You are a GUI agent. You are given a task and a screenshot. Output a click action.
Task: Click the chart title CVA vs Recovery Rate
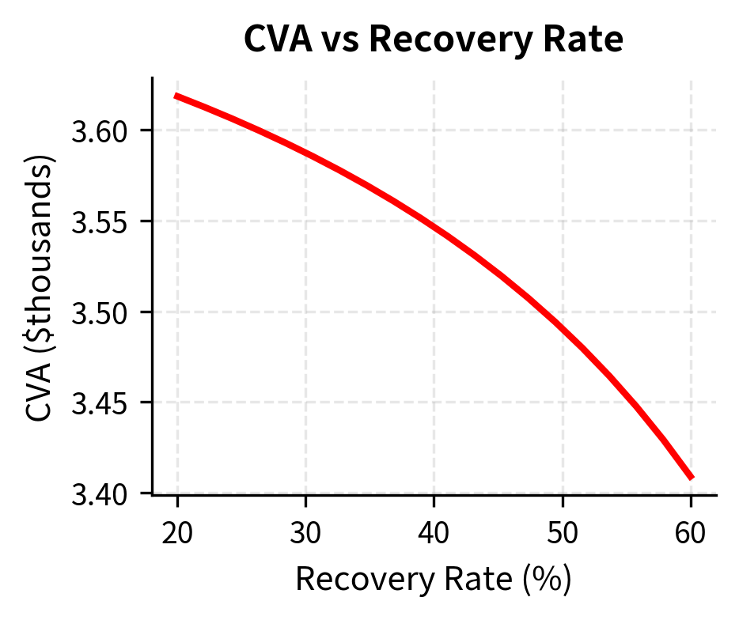click(x=434, y=40)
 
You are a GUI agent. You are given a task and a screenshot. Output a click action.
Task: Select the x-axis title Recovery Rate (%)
click(x=434, y=580)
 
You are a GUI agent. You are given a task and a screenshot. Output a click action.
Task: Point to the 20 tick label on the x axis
click(x=177, y=534)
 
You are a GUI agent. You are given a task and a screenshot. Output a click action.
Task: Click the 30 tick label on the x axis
click(x=305, y=534)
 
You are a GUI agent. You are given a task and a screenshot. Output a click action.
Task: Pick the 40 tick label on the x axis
click(x=434, y=534)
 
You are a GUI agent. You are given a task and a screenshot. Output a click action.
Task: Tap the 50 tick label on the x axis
click(x=562, y=534)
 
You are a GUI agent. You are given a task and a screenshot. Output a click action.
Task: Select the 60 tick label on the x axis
click(x=691, y=534)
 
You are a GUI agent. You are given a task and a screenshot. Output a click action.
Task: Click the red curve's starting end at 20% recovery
click(x=177, y=96)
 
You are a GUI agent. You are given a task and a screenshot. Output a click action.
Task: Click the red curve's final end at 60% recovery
click(x=691, y=478)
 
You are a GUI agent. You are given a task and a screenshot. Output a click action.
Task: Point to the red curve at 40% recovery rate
click(x=434, y=226)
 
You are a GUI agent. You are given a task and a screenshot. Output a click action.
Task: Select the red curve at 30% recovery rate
click(x=305, y=152)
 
